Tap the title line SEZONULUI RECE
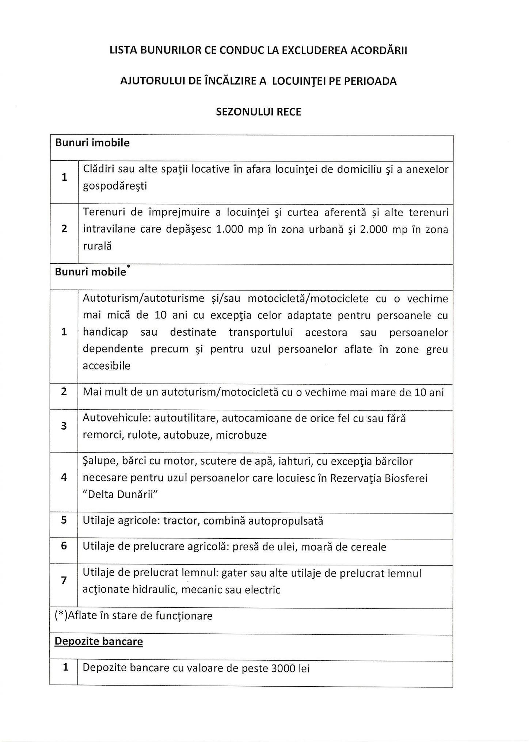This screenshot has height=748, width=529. [x=259, y=112]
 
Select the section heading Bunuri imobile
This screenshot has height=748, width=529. [x=92, y=143]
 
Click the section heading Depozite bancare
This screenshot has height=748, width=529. [x=99, y=641]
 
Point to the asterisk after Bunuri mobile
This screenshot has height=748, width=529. [x=128, y=268]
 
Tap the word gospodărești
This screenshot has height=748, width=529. [x=115, y=186]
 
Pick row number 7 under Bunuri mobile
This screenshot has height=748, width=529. [x=64, y=580]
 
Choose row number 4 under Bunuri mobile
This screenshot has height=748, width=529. [x=64, y=477]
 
